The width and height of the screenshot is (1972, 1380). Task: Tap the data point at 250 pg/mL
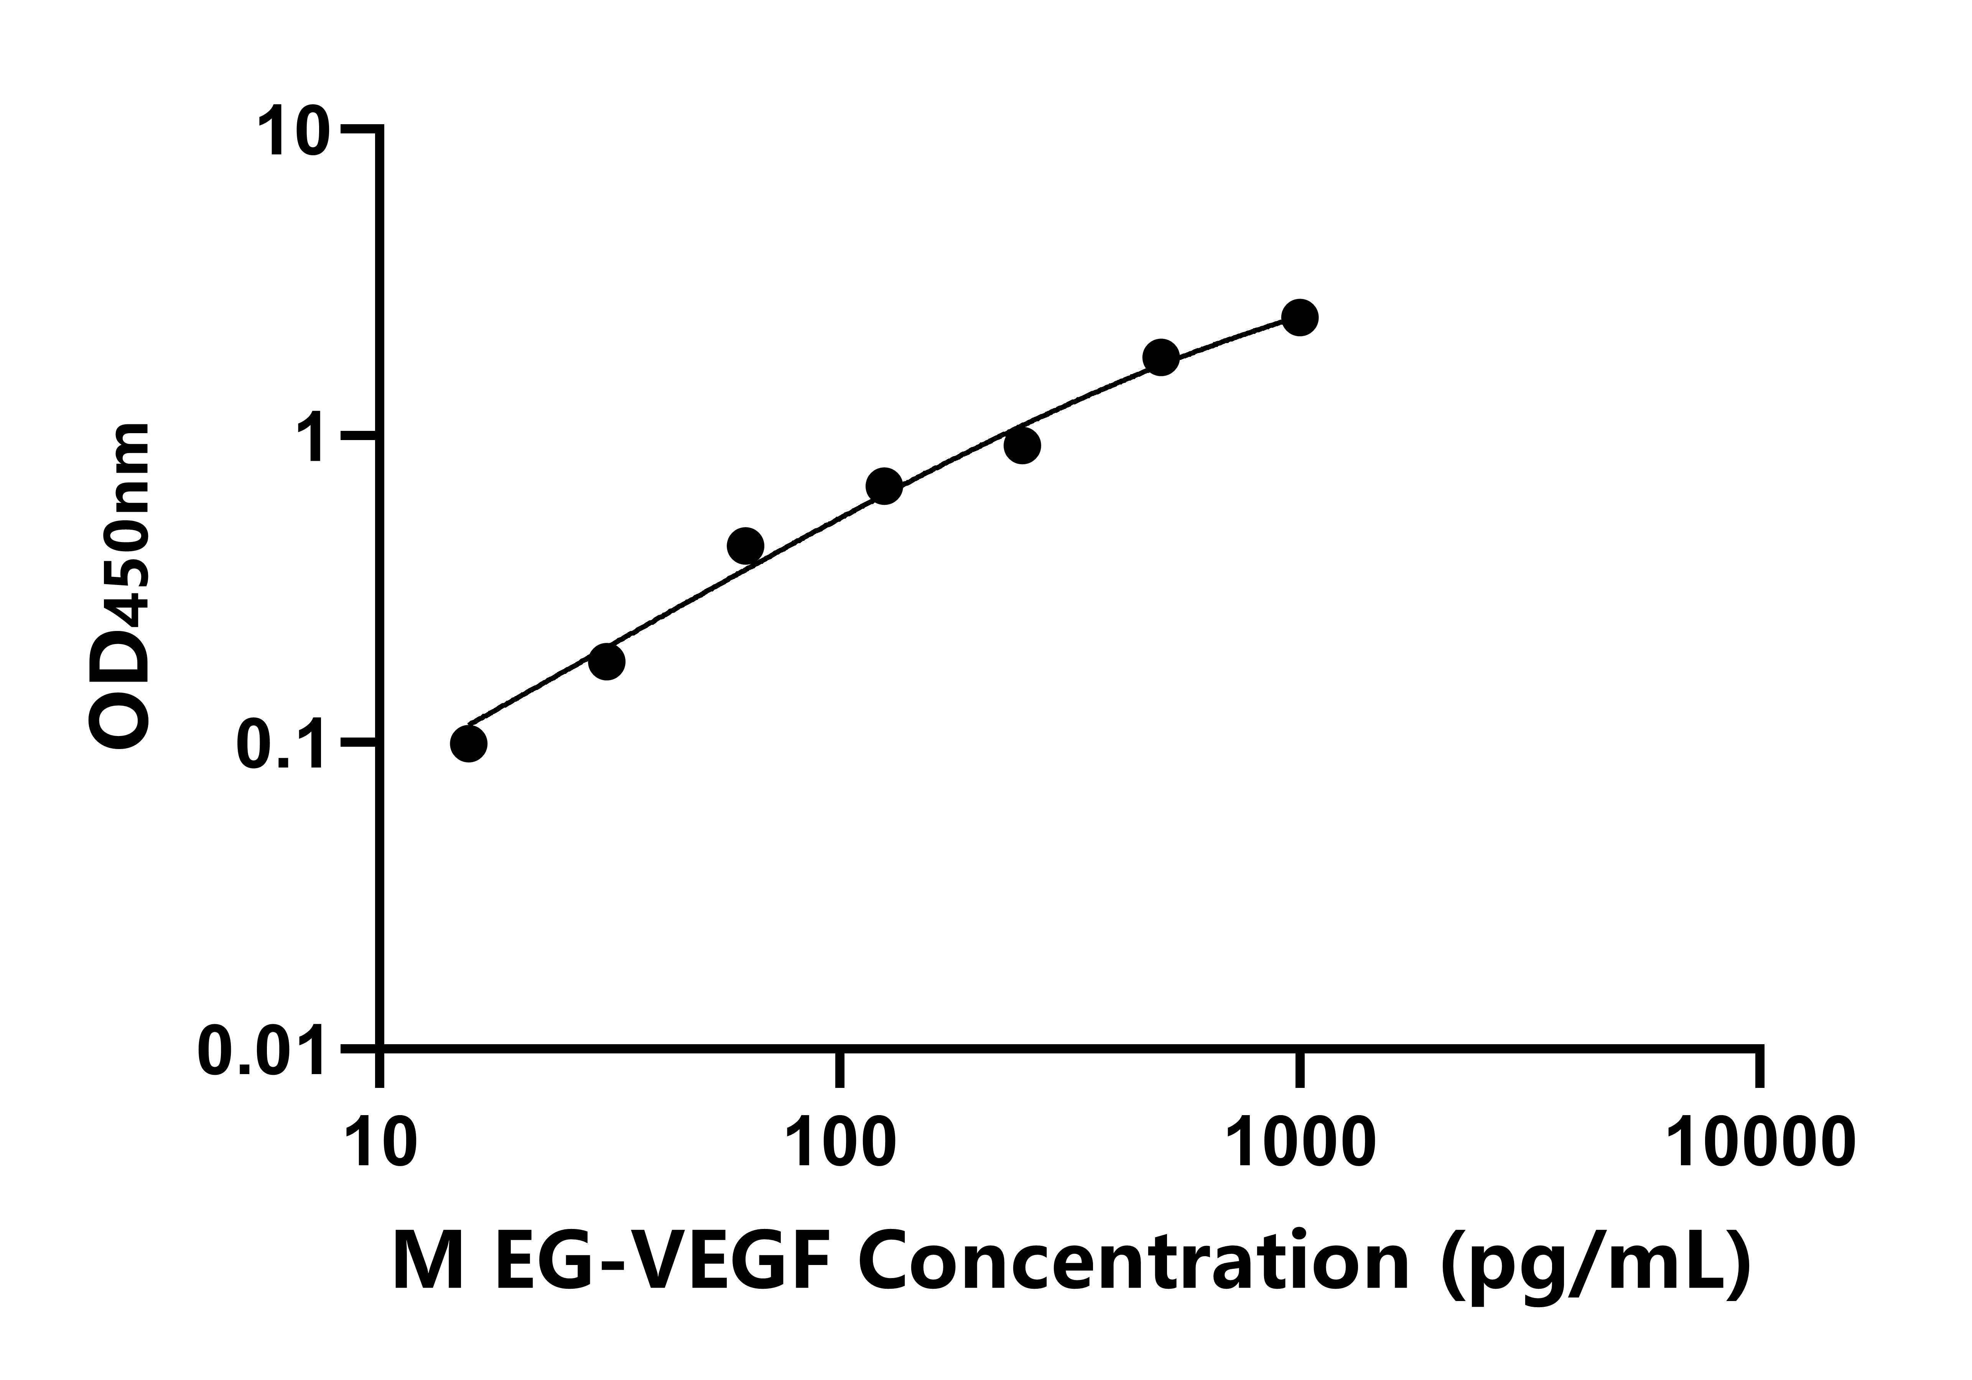pos(1022,445)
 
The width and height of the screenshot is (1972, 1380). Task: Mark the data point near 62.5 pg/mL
pos(745,545)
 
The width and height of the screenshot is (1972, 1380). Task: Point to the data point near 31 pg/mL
pos(606,661)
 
